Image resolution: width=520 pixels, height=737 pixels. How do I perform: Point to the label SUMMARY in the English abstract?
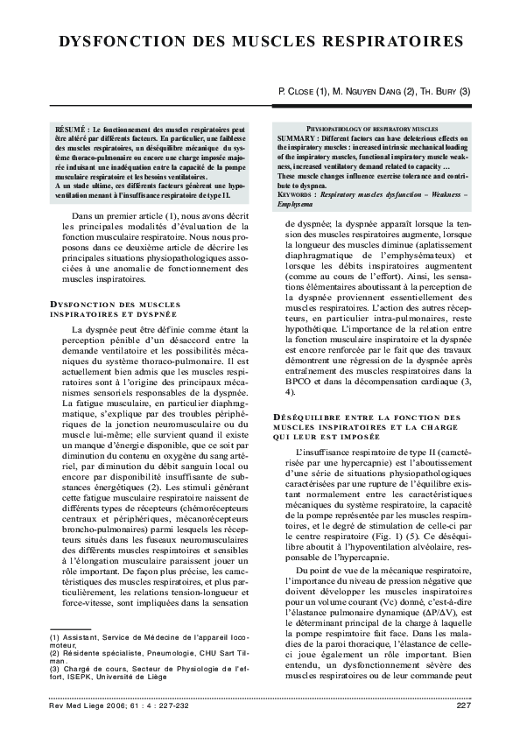(x=299, y=138)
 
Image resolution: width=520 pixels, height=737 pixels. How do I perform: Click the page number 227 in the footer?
(x=464, y=705)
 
